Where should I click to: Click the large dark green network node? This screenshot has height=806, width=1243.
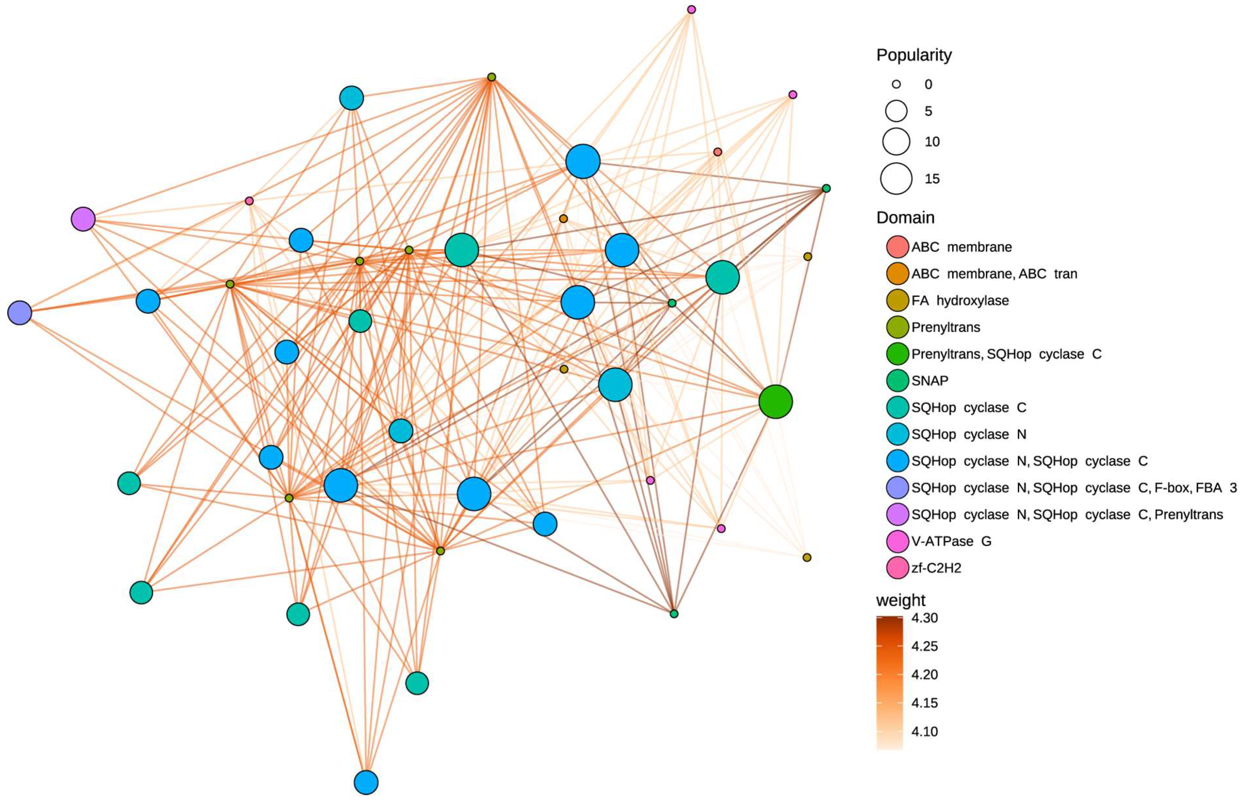point(776,402)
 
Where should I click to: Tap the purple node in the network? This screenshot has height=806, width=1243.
point(83,219)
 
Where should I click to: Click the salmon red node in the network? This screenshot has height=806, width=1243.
point(718,152)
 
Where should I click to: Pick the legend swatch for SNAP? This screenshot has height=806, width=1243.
point(897,381)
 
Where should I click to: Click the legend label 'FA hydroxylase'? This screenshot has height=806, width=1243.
point(960,300)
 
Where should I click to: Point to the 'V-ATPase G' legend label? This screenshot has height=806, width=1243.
point(951,541)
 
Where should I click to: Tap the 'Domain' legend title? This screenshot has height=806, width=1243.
point(905,218)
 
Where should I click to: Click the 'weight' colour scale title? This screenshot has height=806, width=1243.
point(900,601)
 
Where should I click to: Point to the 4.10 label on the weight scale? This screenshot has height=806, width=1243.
point(925,731)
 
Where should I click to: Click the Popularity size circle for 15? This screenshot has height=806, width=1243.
point(896,179)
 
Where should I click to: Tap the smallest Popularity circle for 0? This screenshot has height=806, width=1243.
point(896,84)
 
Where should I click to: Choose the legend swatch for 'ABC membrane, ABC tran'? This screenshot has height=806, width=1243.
point(897,274)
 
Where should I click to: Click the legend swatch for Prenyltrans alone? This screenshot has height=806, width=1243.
point(897,328)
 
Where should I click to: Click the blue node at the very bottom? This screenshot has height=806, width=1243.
point(366,782)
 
